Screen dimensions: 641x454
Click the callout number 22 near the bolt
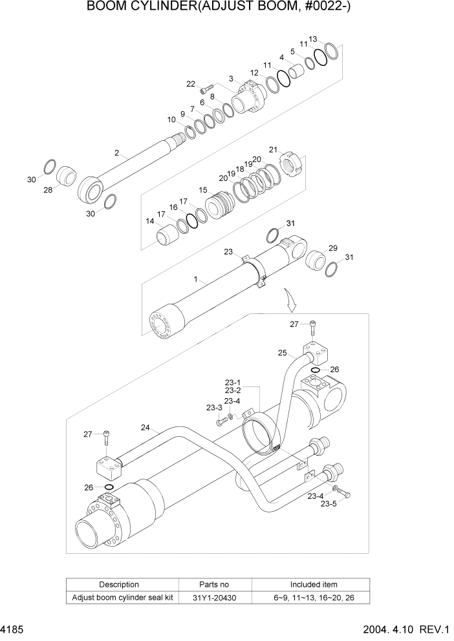[190, 84]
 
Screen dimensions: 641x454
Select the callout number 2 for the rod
[116, 153]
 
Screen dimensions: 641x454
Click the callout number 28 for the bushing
[47, 189]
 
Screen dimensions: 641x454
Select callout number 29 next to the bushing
[332, 248]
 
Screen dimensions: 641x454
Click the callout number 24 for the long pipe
[145, 427]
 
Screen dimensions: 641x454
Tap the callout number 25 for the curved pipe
[282, 353]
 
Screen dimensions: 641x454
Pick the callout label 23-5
[329, 503]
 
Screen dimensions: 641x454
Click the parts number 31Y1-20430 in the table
[215, 598]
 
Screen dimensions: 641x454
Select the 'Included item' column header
[313, 584]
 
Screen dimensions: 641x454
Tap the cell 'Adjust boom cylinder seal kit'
[123, 598]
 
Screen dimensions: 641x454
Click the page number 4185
[12, 629]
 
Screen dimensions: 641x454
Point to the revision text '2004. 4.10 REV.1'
[411, 629]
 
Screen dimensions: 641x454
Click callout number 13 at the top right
[312, 39]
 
